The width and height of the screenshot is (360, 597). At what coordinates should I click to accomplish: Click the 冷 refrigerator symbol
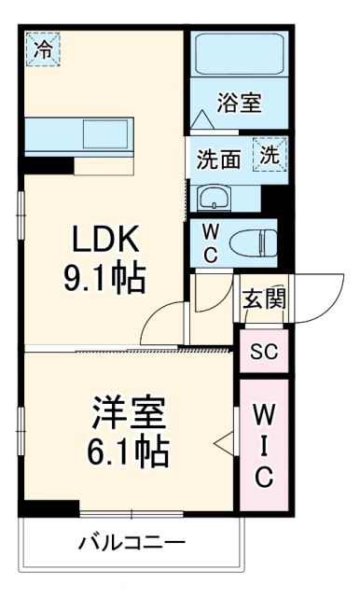point(41,49)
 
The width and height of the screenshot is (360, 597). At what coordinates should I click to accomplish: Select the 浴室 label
point(240,103)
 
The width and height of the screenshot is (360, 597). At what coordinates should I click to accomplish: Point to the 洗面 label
point(218,159)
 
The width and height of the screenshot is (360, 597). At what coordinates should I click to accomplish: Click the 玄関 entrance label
point(264,299)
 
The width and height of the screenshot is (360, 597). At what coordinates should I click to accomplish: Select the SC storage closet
point(264,352)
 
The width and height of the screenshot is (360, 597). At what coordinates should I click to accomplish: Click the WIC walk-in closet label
point(264,443)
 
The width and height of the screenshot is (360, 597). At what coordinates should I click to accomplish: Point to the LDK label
point(106,241)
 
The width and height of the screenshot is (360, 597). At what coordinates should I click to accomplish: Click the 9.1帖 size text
point(106,277)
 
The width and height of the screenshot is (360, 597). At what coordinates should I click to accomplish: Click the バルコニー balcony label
point(132,542)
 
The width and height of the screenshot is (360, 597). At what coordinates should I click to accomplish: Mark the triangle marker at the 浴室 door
point(201,120)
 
